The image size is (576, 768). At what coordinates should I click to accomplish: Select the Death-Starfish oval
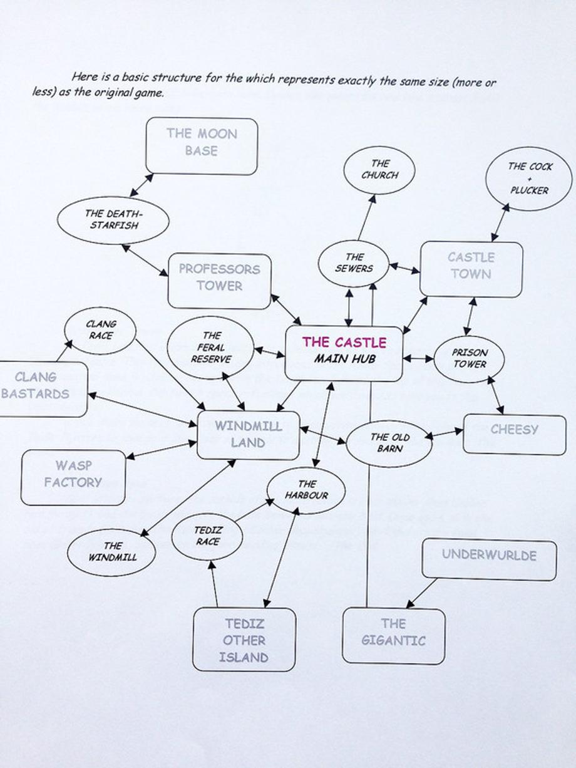tap(113, 220)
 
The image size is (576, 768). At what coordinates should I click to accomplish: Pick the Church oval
tap(379, 170)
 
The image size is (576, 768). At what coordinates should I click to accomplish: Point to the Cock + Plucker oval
tap(529, 179)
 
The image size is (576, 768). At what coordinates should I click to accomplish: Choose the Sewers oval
tap(354, 263)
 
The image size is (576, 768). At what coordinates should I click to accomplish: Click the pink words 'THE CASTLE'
tap(344, 342)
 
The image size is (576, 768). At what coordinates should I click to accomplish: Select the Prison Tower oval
tap(470, 358)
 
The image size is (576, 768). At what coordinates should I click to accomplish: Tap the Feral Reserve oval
tap(211, 348)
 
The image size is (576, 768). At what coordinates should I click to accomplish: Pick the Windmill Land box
tap(249, 435)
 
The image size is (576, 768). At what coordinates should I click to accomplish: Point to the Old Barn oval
tap(389, 443)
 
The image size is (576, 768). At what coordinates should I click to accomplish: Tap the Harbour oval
tap(306, 490)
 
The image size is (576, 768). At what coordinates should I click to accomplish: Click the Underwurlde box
tap(489, 559)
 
